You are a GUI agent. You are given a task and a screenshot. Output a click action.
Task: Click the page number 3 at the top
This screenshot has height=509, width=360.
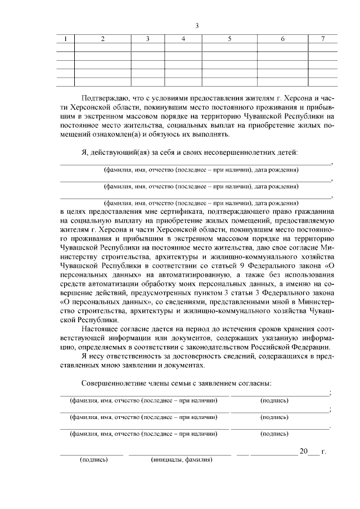pos(197,26)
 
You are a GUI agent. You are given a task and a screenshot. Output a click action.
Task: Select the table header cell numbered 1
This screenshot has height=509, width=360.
pos(65,39)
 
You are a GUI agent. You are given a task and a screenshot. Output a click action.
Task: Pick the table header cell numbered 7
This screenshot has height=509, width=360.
pos(322,39)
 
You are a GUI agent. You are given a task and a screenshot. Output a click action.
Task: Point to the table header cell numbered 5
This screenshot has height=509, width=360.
pos(229,39)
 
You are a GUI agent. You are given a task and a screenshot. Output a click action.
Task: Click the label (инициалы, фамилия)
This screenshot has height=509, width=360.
pos(181,460)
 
